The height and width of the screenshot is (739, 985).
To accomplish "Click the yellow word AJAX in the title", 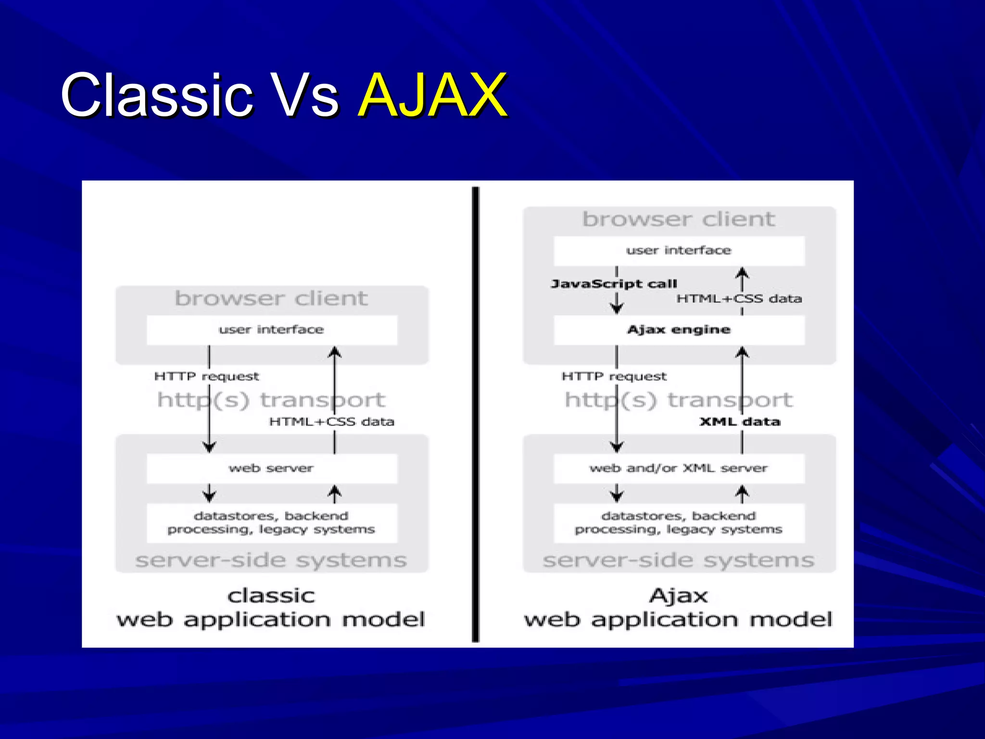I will click(432, 95).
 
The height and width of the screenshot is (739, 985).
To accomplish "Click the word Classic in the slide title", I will click(156, 95).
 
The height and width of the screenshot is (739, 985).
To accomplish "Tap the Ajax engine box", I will click(679, 330).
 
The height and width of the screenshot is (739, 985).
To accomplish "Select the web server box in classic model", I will click(272, 469).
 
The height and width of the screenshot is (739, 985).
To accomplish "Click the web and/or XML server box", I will click(679, 469).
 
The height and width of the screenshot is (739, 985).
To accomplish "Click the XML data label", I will click(740, 422).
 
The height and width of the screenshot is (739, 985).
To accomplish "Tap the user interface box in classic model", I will click(272, 330).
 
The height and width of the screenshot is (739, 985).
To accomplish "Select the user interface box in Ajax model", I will click(679, 251).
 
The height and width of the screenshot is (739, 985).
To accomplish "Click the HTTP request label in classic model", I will click(206, 377).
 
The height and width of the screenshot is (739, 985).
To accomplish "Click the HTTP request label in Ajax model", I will click(614, 377).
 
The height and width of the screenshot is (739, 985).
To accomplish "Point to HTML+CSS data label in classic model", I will click(331, 422).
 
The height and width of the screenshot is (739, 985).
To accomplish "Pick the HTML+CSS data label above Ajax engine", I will click(739, 299).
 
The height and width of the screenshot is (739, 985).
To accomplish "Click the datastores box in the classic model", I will click(272, 523).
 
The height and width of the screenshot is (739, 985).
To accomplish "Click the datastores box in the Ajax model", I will click(679, 523).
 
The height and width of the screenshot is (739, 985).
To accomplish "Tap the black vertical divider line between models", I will click(476, 414).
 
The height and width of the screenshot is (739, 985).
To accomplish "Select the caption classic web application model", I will click(271, 608).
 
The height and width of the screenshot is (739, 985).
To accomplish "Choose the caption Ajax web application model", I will click(678, 608).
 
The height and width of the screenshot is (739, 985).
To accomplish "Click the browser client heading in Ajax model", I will click(679, 219).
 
